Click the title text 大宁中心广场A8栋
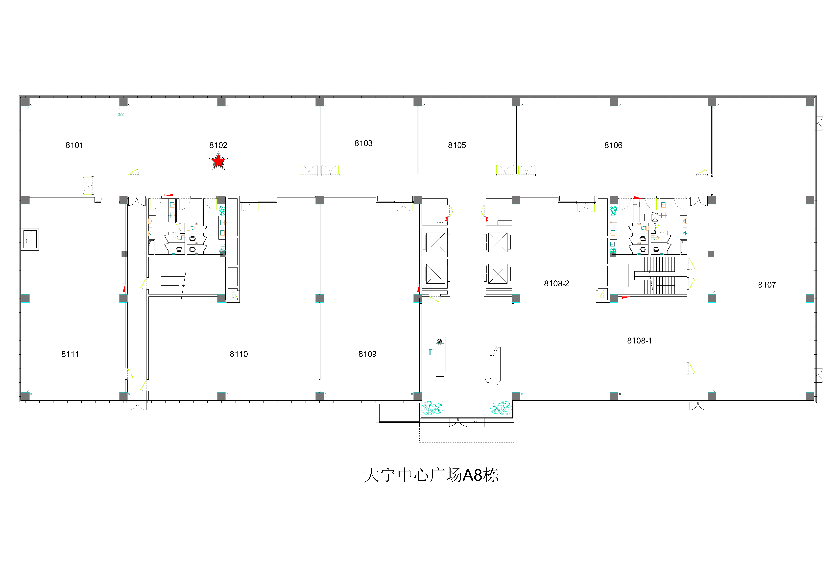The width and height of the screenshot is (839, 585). point(431,475)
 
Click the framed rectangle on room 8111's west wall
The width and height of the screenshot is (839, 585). point(30,239)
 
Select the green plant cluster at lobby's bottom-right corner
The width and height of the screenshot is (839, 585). point(501,408)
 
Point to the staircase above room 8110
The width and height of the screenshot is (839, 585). point(172,285)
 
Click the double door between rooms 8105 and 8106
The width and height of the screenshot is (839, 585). point(516,170)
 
